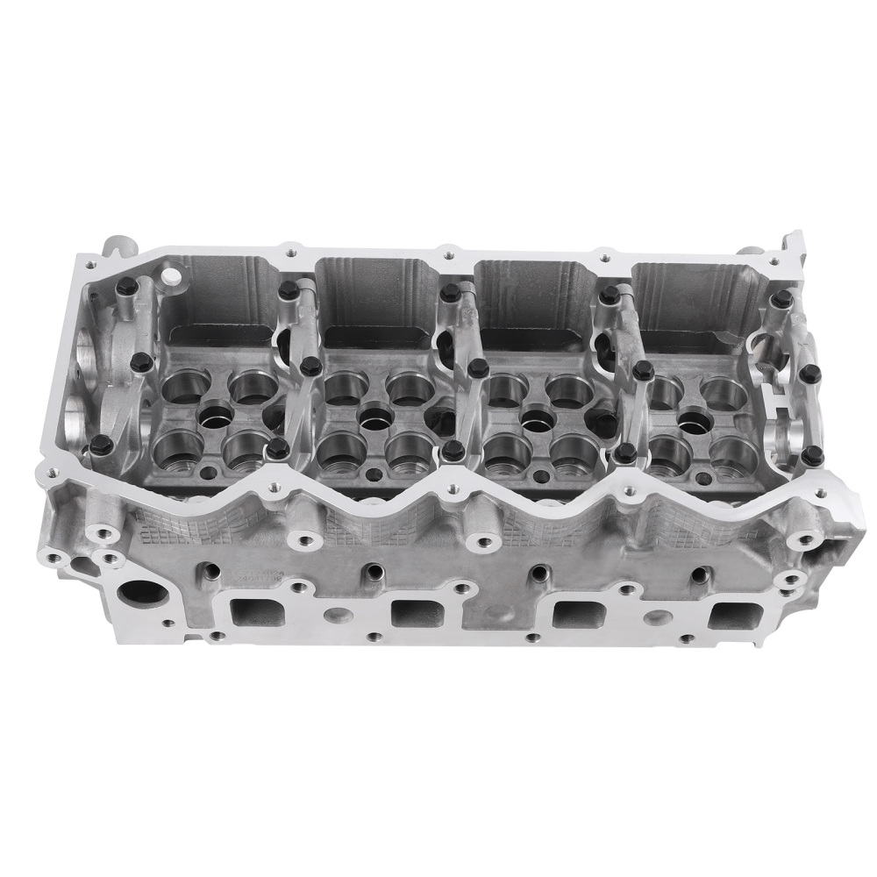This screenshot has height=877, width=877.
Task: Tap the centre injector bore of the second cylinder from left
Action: (x=374, y=416)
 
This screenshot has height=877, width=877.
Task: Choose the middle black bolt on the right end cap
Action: (x=809, y=374)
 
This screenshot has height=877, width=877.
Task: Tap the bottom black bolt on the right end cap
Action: (x=813, y=454)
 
